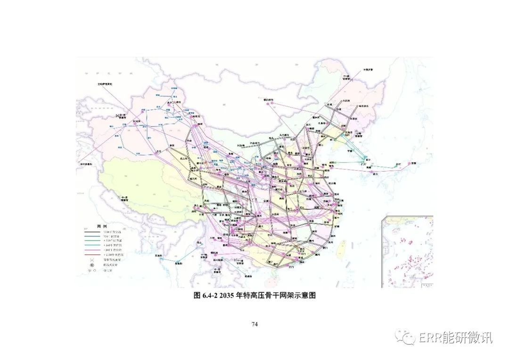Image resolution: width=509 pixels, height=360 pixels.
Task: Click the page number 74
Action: pyautogui.click(x=254, y=324)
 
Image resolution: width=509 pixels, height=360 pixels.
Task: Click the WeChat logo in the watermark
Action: pyautogui.click(x=404, y=336)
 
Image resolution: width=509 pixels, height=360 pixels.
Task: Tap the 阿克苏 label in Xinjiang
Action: pyautogui.click(x=138, y=121)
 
